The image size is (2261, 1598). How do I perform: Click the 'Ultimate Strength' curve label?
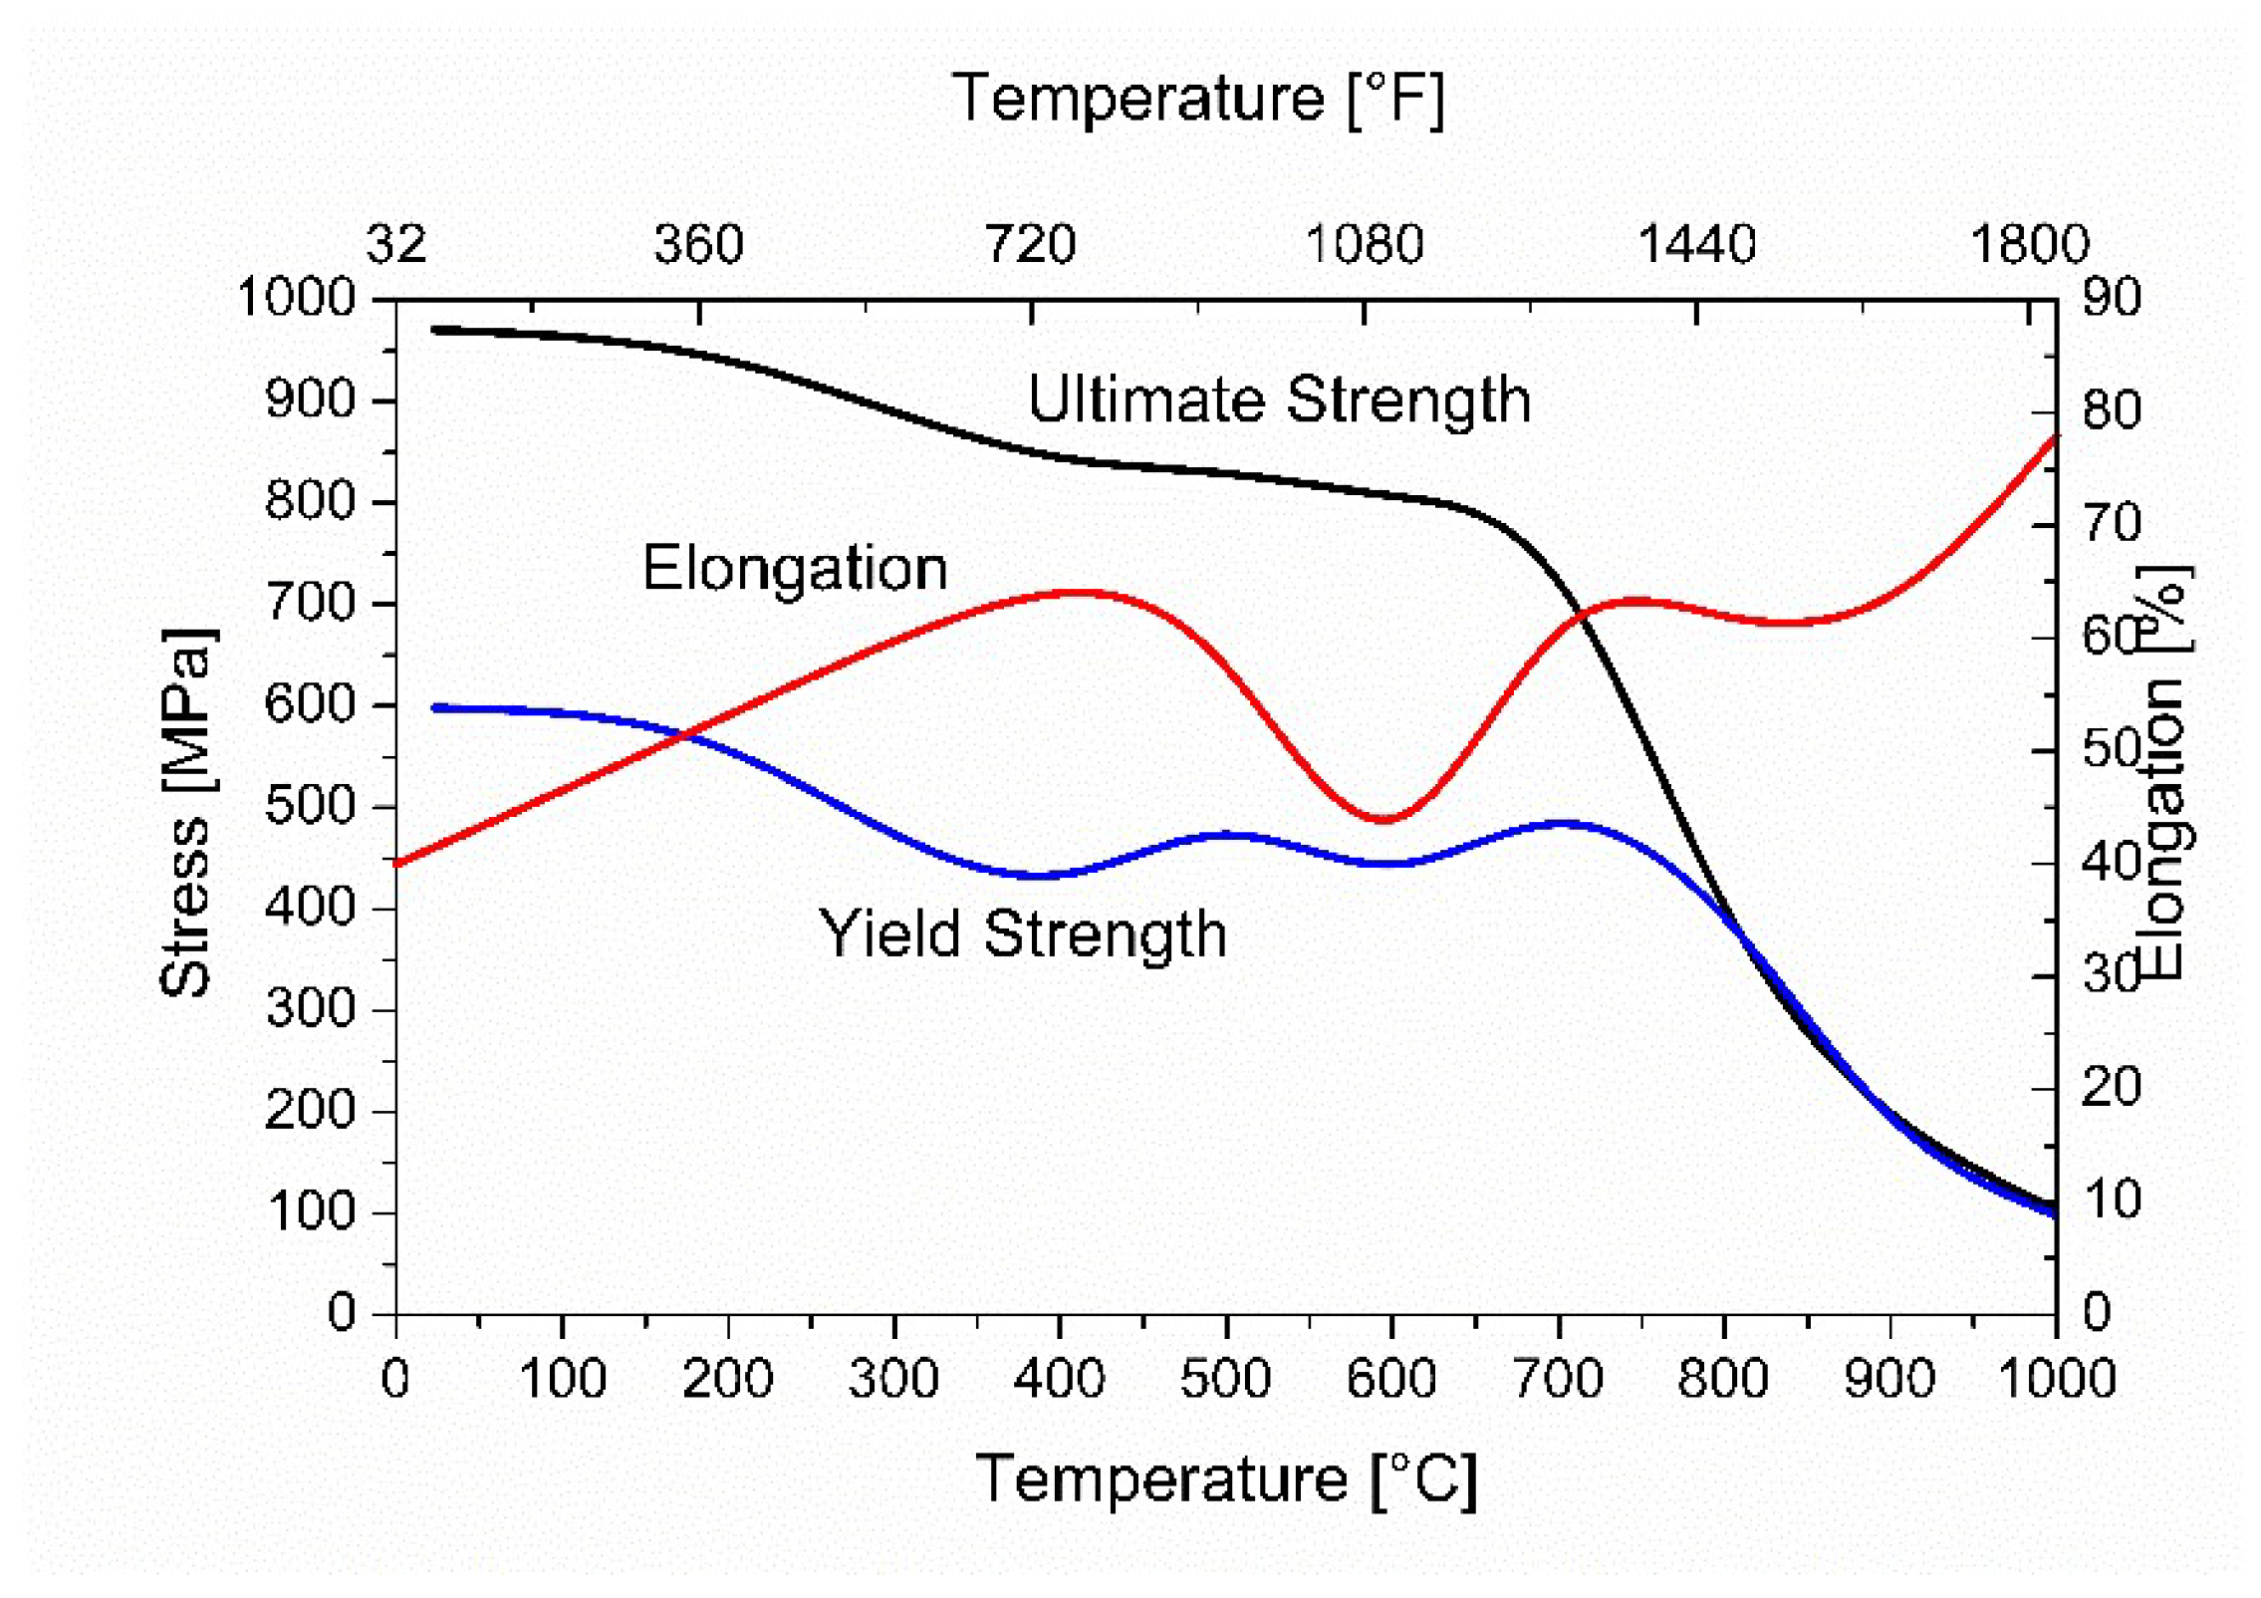pos(1278,400)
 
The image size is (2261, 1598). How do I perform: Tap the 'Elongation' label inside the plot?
pos(794,570)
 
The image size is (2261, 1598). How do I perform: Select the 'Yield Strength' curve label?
pos(1022,934)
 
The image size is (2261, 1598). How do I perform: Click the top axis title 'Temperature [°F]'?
pos(1197,99)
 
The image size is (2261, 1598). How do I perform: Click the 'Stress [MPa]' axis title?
pos(186,812)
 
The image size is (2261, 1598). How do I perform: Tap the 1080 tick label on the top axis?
pos(1364,244)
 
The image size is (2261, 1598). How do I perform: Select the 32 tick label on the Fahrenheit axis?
pos(396,244)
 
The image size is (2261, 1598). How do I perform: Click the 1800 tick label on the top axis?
pos(2029,244)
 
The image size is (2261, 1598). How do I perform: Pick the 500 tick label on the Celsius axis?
pos(1225,1380)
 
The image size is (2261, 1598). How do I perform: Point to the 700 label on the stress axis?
pos(310,603)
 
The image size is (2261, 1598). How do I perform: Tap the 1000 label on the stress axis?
pos(296,298)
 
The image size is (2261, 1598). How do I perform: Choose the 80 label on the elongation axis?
pos(2111,410)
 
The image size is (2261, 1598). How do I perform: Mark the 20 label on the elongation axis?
pos(2111,1087)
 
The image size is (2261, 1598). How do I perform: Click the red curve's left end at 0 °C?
pos(397,864)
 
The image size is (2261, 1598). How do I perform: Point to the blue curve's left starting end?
pos(435,708)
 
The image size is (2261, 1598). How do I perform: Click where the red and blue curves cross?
pos(684,736)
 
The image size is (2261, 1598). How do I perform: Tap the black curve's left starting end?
pos(435,330)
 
